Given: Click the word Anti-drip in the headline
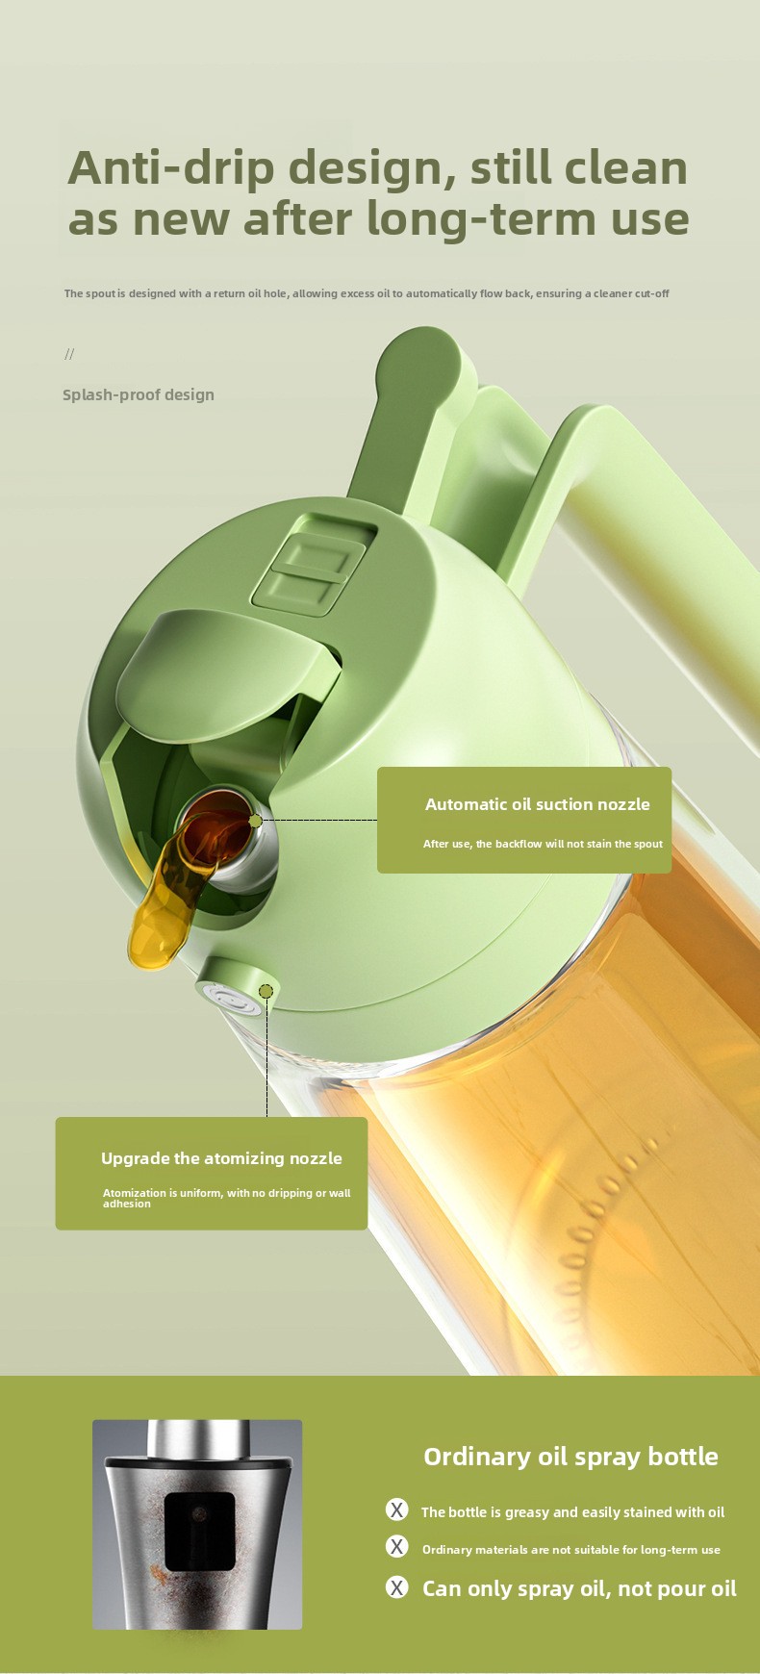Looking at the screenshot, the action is point(169,168).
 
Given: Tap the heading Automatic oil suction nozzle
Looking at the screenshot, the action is point(538,804).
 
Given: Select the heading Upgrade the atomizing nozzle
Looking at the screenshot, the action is point(221,1158).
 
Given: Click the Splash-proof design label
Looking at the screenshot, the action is point(139,394).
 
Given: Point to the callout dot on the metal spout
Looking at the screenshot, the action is point(255,821).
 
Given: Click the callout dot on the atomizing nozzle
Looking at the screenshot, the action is point(266,991).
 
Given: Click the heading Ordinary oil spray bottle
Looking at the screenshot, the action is point(570,1457).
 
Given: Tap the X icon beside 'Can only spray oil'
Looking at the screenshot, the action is point(396,1586).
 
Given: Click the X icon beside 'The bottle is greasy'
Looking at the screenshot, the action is point(396,1509).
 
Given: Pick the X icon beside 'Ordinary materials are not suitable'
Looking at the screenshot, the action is point(396,1546).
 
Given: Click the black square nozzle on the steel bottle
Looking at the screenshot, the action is point(200,1532).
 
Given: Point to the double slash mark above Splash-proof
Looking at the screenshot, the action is point(69,354).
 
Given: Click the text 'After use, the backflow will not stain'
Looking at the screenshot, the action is point(544,844).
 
